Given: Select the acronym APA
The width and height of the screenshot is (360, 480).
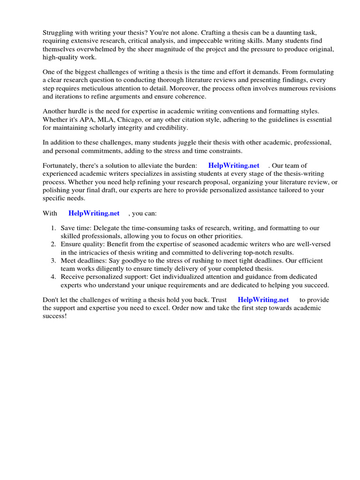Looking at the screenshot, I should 88,120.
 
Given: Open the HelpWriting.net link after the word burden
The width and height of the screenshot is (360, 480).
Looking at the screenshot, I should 233,165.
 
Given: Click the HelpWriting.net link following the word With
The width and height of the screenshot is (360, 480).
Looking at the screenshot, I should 94,213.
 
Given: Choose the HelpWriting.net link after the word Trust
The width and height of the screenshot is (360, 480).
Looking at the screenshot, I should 263,300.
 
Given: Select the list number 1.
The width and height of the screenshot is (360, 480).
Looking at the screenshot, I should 53,228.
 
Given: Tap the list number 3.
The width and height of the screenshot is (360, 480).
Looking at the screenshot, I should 53,261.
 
